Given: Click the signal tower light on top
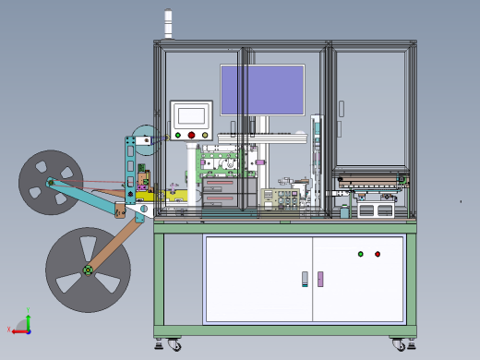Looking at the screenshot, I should click(x=168, y=24).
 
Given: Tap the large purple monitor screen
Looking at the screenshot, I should click(x=262, y=89).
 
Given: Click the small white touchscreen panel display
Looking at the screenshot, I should click(x=191, y=115).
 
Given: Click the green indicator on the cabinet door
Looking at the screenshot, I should click(x=361, y=254).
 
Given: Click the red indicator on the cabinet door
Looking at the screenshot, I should click(x=378, y=254).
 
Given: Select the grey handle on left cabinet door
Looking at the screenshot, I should click(x=305, y=279).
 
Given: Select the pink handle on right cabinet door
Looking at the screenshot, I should click(x=320, y=279).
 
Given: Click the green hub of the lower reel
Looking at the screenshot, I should click(x=87, y=270).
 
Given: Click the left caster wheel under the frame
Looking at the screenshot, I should click(x=173, y=345).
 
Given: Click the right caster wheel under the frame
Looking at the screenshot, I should click(x=400, y=344).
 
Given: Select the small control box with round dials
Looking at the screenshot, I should click(x=275, y=198).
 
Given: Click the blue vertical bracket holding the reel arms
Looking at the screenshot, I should click(x=133, y=166).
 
